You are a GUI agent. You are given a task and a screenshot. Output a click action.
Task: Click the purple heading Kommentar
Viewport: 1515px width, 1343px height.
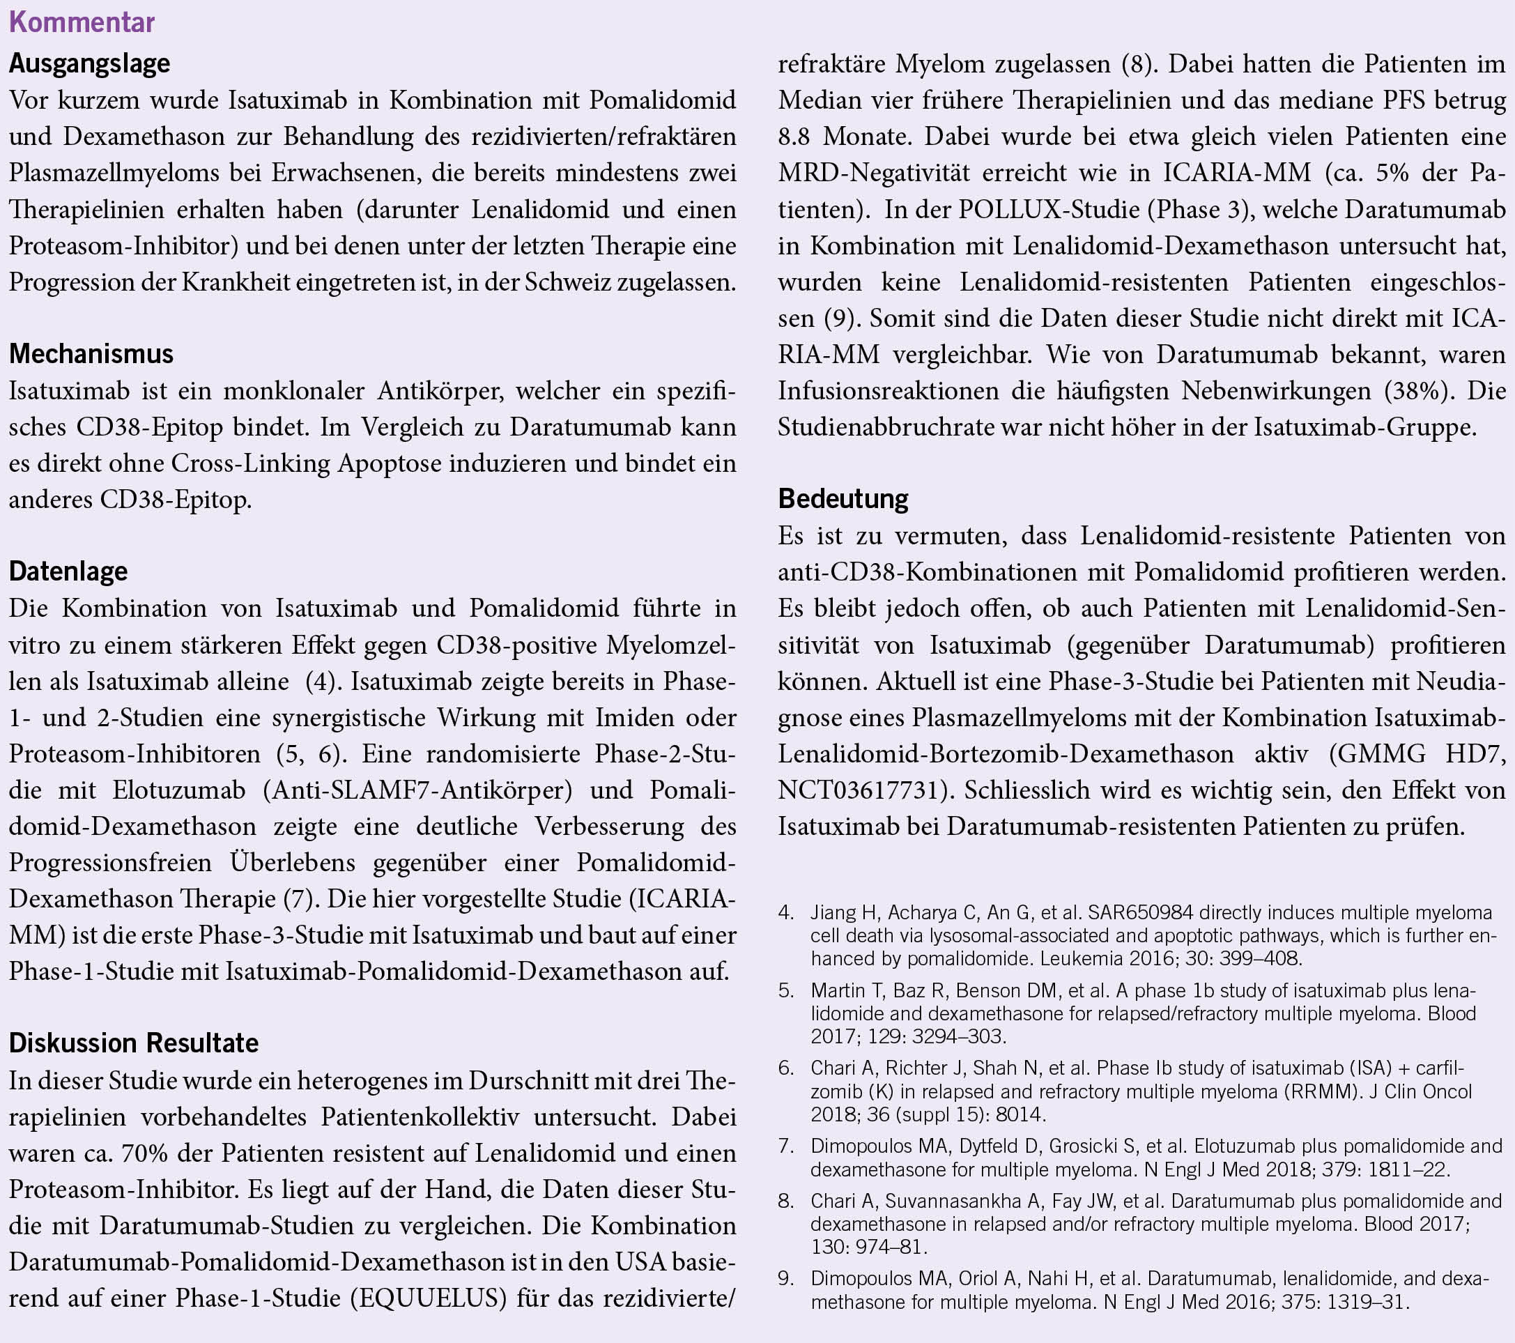[82, 22]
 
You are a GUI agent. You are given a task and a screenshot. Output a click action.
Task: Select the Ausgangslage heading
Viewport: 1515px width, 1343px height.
[90, 63]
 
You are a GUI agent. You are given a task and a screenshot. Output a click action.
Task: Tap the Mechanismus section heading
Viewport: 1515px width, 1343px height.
[91, 353]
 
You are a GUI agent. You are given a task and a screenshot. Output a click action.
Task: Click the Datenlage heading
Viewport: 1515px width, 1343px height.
[68, 571]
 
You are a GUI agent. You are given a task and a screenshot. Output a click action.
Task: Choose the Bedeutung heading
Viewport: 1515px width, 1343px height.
[843, 499]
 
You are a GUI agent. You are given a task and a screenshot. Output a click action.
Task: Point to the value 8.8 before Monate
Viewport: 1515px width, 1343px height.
[795, 137]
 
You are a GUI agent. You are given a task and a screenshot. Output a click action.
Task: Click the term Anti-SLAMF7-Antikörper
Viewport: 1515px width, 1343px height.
[418, 790]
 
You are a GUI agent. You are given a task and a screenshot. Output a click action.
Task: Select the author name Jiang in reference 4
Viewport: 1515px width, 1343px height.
[832, 912]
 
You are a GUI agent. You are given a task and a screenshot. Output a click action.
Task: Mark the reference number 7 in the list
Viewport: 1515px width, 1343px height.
[785, 1146]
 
